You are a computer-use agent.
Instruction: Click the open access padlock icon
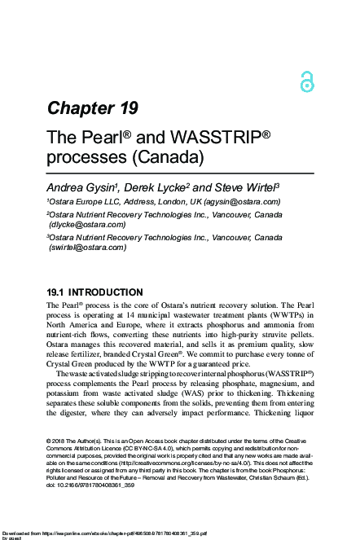[x=306, y=80]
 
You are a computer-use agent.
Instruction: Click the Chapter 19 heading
[x=92, y=108]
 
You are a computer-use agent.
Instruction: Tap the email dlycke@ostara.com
[x=87, y=224]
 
